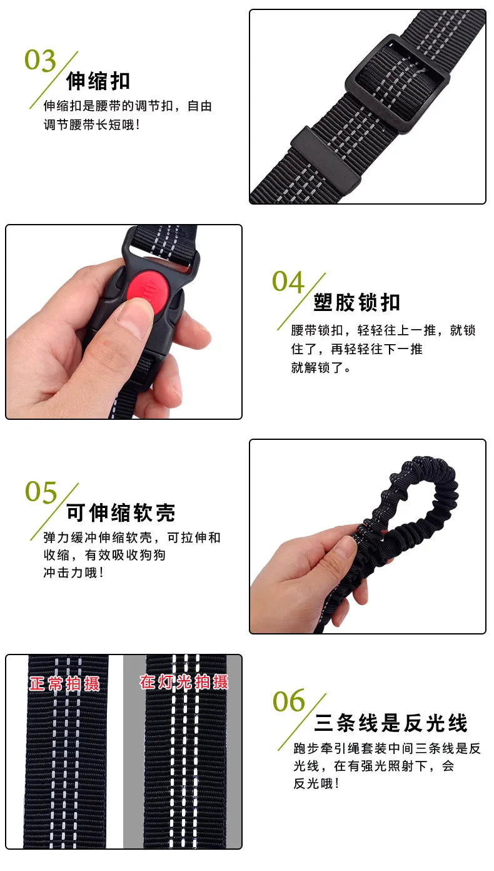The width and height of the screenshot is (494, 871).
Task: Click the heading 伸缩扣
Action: tap(98, 81)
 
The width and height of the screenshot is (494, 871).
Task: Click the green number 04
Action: tap(288, 282)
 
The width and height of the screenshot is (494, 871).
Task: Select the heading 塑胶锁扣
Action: tap(356, 303)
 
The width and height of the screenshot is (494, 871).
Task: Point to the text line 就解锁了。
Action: tap(321, 368)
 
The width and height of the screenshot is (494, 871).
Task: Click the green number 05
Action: tap(41, 493)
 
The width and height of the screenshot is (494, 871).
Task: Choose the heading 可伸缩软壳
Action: tap(121, 513)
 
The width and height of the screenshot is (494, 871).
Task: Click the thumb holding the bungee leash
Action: tap(338, 551)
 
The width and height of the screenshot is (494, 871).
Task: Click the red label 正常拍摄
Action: tap(64, 683)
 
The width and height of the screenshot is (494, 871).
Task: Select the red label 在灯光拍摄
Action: tap(184, 682)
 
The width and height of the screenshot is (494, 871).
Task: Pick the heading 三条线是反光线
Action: tap(391, 723)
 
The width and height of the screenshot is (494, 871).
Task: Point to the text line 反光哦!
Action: tap(316, 783)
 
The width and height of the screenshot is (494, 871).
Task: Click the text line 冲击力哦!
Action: tap(73, 572)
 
